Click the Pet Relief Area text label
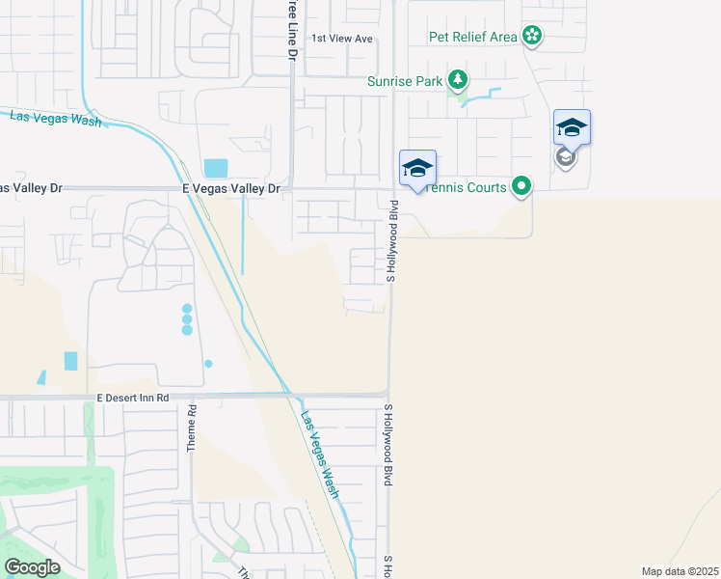click(x=473, y=38)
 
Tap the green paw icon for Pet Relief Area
click(x=532, y=37)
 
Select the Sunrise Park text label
click(x=404, y=81)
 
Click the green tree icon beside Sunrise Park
click(x=460, y=80)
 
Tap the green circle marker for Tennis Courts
click(x=521, y=185)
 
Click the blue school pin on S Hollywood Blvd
click(x=417, y=169)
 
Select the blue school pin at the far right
click(x=572, y=127)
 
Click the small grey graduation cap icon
click(x=566, y=156)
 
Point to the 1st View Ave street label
click(x=341, y=39)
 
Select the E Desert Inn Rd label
click(x=133, y=397)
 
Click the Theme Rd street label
click(x=192, y=427)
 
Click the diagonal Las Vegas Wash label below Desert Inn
click(x=320, y=455)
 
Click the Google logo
click(x=32, y=566)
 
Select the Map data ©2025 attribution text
click(x=681, y=571)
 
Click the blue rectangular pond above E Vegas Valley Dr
click(x=217, y=168)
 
